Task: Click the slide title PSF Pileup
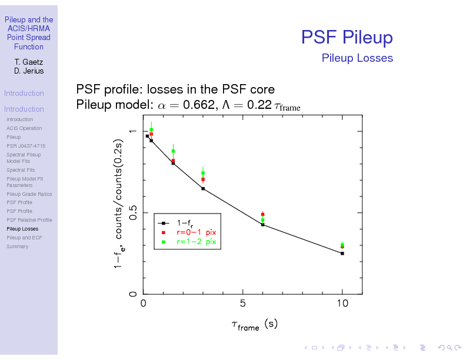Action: (347, 38)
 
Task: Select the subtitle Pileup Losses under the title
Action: (357, 58)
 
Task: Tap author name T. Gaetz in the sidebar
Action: (28, 62)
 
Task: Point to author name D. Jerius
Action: (28, 71)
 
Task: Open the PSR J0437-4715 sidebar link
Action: (26, 146)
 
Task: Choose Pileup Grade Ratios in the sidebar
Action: (29, 194)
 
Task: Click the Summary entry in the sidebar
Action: (17, 246)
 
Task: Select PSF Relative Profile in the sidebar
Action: (29, 220)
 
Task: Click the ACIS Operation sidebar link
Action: (24, 128)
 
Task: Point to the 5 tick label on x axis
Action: (243, 304)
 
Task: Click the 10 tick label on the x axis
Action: (342, 304)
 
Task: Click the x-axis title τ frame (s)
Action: (254, 325)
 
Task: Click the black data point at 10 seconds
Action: (342, 254)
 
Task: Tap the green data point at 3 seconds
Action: (203, 173)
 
